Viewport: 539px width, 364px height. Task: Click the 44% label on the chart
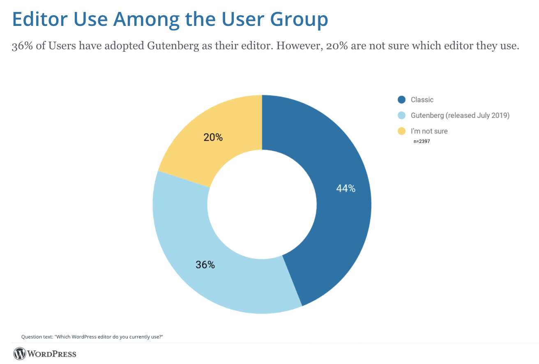click(346, 189)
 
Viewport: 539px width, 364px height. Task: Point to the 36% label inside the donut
click(205, 265)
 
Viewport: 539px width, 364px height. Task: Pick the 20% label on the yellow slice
click(213, 138)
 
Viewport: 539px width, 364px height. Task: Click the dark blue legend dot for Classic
click(401, 99)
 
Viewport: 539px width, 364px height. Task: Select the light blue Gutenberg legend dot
click(401, 115)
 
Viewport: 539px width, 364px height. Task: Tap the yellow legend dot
click(401, 131)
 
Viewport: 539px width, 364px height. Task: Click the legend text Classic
click(422, 100)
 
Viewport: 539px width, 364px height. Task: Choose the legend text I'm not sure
click(429, 131)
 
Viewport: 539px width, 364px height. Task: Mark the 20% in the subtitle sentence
click(336, 46)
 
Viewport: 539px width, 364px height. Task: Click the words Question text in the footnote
click(36, 337)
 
